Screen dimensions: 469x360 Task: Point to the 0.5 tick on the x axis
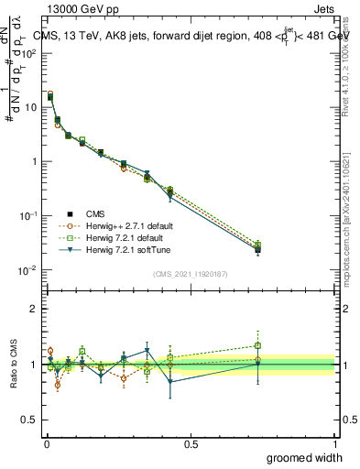coord(191,443)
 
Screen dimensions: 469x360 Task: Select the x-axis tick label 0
coord(46,443)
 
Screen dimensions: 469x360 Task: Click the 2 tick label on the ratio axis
coord(34,309)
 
